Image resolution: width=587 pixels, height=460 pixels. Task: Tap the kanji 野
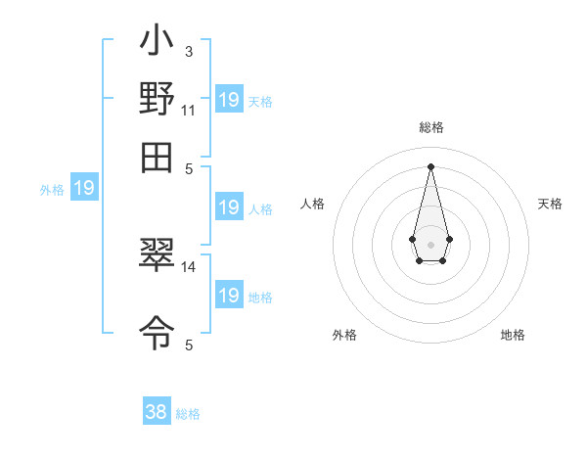(158, 100)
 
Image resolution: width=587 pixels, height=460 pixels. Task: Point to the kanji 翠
(158, 256)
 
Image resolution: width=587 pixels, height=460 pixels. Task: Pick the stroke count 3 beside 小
(188, 50)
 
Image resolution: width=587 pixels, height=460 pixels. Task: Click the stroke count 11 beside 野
(188, 110)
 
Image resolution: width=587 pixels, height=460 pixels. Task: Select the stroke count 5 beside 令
(189, 345)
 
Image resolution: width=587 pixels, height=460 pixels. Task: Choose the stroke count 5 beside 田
(189, 167)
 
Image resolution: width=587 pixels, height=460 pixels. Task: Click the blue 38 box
(157, 412)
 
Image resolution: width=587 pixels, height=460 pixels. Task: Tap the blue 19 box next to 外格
(84, 188)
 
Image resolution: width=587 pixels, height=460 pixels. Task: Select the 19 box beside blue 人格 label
(228, 207)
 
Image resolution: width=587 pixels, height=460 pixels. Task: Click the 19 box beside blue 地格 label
(228, 297)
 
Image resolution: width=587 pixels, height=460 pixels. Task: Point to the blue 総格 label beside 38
(188, 414)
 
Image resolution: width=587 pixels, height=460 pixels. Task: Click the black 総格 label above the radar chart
(430, 128)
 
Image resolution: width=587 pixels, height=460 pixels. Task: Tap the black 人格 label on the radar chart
(313, 204)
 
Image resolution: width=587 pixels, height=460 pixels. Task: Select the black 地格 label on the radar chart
(513, 335)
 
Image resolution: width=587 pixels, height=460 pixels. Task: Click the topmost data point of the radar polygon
(430, 165)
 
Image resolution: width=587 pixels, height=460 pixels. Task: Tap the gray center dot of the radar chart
(430, 244)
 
